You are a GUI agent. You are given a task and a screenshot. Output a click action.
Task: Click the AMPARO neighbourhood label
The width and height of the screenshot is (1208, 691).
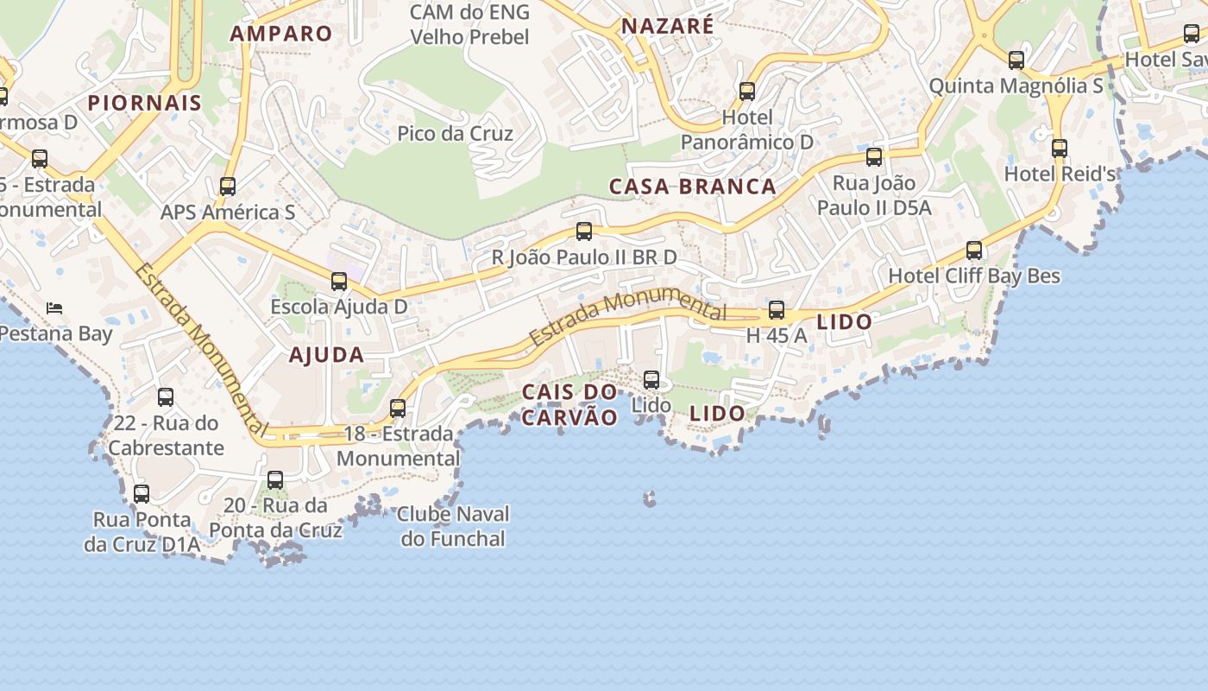point(280,34)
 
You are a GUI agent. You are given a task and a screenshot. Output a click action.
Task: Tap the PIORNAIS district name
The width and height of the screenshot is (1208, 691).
point(145,103)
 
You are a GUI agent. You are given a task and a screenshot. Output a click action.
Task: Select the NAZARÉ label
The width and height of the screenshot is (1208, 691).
point(668,26)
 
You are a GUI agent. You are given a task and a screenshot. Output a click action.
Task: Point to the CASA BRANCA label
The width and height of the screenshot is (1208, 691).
point(693,187)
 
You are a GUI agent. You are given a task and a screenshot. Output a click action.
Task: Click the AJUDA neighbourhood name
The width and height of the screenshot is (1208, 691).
point(326,355)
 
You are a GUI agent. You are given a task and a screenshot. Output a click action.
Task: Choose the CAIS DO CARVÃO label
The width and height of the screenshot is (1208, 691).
point(569,405)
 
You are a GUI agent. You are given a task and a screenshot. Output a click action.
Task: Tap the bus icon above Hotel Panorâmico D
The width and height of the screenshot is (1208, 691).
point(747,92)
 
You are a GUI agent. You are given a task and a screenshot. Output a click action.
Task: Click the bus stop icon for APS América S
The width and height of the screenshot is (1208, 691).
point(228,187)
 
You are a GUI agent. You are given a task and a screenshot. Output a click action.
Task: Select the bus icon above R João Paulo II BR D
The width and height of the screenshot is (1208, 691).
point(584,231)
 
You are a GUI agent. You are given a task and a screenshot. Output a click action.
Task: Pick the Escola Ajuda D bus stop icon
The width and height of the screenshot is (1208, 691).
point(339,282)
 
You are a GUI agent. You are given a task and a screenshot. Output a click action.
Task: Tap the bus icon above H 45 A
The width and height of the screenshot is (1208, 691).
point(777,310)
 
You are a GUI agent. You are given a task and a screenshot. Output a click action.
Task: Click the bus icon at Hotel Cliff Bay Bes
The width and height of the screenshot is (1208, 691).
point(974,250)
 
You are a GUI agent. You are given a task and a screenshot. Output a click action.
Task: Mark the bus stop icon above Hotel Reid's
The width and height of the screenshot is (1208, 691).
point(1060,149)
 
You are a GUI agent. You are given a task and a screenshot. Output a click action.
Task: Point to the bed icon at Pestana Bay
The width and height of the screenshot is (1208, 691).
point(54,307)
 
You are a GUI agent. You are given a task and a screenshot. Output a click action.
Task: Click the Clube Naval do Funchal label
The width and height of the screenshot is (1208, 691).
point(453,526)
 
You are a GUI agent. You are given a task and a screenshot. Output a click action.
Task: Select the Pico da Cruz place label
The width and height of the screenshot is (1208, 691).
point(455,134)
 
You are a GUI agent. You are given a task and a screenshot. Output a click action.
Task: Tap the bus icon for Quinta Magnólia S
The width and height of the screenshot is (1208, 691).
point(1016,60)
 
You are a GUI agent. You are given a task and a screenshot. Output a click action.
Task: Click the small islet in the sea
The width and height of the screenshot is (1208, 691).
point(649,498)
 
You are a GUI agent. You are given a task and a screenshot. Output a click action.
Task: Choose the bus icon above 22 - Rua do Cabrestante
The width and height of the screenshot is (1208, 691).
point(166,397)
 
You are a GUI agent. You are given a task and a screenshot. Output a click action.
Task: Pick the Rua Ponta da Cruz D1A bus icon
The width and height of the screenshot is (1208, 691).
point(142,494)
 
